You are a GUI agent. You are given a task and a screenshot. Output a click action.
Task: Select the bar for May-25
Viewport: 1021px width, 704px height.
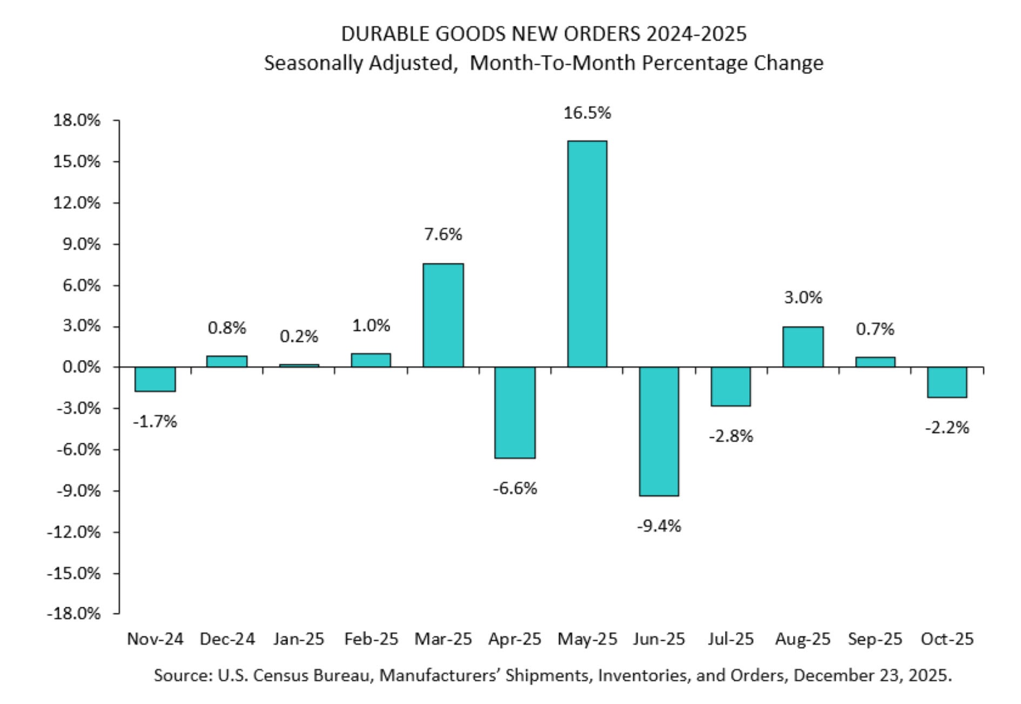click(587, 254)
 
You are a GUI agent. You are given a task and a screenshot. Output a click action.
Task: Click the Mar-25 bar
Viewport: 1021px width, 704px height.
click(443, 315)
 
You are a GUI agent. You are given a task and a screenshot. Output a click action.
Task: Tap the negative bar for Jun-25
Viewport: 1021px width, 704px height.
click(659, 431)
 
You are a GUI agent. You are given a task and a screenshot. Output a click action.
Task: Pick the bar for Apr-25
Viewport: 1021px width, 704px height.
click(515, 412)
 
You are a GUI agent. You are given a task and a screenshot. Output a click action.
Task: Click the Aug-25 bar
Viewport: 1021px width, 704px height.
click(803, 347)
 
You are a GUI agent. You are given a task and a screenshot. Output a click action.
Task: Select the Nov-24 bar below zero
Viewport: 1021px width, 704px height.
click(155, 379)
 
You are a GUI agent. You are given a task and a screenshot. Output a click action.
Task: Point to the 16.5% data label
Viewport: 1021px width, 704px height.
click(587, 113)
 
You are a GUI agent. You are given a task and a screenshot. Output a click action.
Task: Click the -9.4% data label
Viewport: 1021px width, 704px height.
click(659, 525)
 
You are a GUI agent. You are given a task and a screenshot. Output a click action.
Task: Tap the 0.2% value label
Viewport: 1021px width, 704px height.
click(299, 336)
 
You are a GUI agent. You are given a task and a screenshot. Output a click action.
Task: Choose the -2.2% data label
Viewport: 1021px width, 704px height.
click(947, 428)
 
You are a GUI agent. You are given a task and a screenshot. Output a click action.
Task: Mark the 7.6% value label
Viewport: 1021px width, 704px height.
click(443, 234)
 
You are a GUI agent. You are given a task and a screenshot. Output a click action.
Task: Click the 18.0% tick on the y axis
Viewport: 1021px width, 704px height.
click(76, 120)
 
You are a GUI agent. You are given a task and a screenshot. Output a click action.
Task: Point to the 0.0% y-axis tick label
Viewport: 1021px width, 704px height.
click(81, 367)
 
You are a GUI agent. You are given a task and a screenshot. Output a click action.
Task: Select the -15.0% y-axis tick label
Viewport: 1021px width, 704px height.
click(73, 573)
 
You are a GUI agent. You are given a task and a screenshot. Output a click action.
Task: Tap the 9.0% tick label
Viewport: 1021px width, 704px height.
click(81, 244)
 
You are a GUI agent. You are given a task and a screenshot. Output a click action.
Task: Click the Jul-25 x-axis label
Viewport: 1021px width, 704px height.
click(730, 639)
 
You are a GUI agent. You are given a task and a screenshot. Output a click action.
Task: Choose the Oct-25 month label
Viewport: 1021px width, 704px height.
click(947, 639)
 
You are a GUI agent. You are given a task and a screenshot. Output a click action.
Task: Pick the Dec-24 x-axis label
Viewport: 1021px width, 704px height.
click(227, 639)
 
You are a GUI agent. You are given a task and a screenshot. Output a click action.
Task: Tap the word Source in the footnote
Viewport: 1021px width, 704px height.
click(182, 675)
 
